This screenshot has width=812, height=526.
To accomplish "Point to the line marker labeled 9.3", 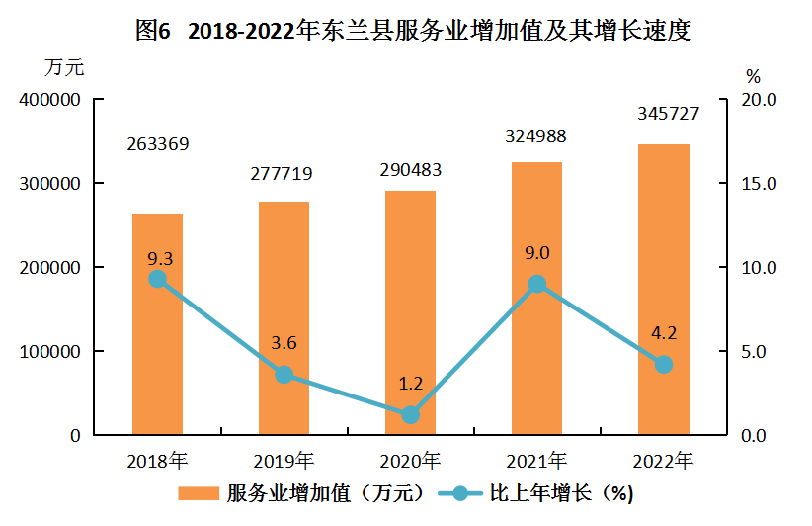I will point(157,279).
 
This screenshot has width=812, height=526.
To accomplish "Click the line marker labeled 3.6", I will point(284,375).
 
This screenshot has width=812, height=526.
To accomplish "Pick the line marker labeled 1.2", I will point(411,415).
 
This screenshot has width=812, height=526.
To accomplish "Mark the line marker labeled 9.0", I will point(537,284).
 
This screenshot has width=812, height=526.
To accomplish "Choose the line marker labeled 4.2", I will point(664,365).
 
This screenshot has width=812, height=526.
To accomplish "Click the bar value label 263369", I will point(158,144).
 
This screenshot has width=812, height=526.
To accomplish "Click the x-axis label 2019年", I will point(284,461).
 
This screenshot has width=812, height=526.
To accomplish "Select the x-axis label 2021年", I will point(537,461).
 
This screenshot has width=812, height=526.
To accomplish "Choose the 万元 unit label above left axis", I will point(65,68).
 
